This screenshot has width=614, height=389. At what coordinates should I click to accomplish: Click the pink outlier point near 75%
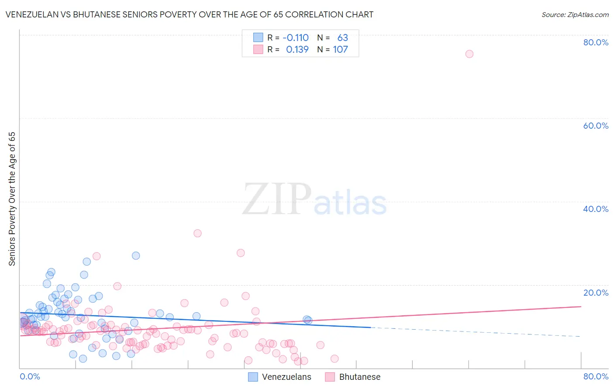469,54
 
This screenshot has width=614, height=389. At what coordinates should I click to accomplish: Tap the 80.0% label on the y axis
596,42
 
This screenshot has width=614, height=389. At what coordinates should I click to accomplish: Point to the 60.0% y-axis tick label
596,126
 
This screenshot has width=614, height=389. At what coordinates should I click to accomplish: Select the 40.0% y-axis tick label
596,209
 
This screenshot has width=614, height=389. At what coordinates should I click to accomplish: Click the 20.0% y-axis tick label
596,293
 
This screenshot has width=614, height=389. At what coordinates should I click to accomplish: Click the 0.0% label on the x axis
30,376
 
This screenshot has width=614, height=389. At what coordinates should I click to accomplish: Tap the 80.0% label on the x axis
596,376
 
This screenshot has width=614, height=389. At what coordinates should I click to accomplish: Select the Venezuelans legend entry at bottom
280,377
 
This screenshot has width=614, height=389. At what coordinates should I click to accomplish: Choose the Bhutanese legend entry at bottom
353,377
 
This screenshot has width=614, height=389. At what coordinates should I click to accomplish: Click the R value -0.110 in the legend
296,38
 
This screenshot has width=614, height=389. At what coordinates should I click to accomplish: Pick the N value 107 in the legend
340,50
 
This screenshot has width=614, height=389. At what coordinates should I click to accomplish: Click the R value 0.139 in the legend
297,50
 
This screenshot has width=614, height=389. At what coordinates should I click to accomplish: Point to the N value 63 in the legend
342,38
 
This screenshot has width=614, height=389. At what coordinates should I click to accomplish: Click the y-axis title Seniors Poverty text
12,198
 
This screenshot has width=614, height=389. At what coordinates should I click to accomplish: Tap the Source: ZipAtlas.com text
575,15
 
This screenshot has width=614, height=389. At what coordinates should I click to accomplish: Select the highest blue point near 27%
136,256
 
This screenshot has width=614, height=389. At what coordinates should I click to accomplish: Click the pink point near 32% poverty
197,233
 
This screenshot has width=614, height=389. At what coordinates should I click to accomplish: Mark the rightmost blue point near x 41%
308,320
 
